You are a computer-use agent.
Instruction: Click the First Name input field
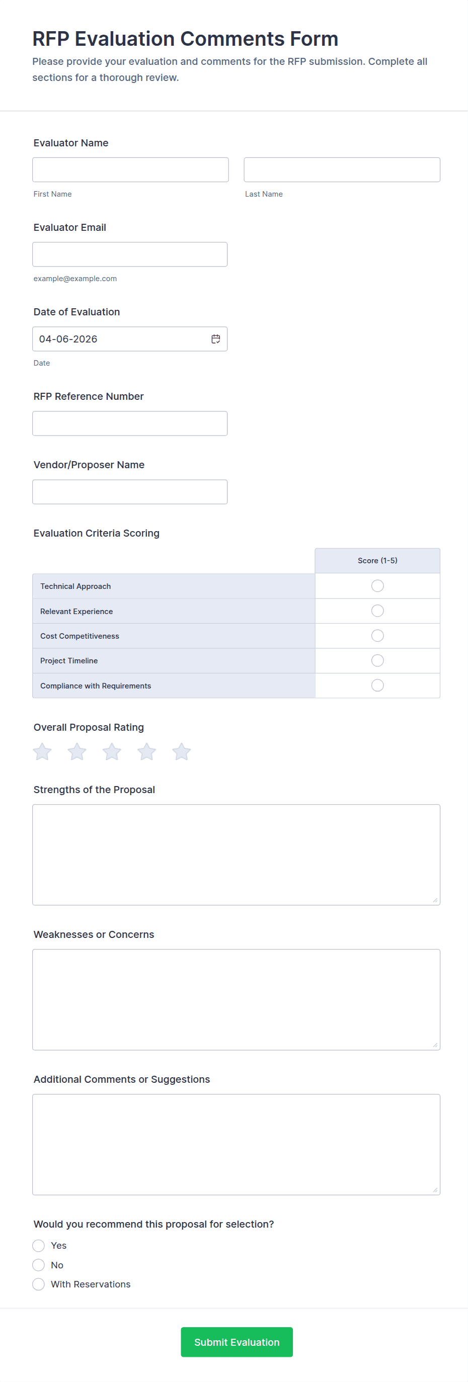[x=130, y=169]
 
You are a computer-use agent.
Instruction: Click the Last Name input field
[x=342, y=169]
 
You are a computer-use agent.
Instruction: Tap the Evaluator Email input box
[x=130, y=254]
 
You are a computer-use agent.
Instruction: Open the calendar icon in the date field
[x=216, y=339]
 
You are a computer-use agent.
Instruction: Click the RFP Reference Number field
[x=130, y=423]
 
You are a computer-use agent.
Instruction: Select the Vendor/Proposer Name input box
[x=130, y=492]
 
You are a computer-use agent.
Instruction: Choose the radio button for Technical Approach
[x=377, y=586]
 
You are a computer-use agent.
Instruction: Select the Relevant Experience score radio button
[x=377, y=611]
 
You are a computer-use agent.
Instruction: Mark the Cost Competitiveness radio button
[x=377, y=636]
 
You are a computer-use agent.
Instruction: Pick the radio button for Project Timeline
[x=377, y=660]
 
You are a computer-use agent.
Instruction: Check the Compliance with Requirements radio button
[x=377, y=685]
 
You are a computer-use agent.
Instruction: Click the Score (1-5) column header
[x=377, y=561]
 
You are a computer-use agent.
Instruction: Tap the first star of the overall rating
[x=42, y=752]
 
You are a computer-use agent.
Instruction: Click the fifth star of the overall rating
[x=181, y=752]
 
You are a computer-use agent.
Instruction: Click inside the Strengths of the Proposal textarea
[x=236, y=854]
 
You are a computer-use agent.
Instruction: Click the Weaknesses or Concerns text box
[x=236, y=999]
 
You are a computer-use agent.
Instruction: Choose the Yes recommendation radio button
[x=39, y=1245]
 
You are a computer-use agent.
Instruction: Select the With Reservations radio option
[x=39, y=1284]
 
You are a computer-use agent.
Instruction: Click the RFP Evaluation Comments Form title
[x=185, y=39]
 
